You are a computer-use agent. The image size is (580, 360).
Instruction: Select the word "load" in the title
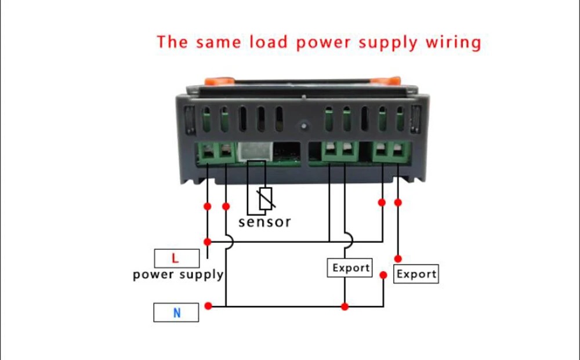tap(270, 42)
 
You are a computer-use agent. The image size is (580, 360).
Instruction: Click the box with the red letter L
tap(176, 258)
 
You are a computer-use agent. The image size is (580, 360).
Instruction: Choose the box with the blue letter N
tap(176, 313)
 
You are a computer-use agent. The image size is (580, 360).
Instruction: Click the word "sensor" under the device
tap(264, 221)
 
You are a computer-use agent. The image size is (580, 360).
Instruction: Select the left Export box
tap(350, 268)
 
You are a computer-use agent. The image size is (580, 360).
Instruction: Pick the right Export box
tap(416, 274)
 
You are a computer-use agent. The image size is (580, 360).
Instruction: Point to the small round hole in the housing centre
tap(303, 123)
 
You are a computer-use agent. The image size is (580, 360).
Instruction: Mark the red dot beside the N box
tap(208, 306)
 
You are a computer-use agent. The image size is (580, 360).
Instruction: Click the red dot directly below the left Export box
tap(345, 306)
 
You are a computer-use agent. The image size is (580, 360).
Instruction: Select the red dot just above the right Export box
tap(398, 258)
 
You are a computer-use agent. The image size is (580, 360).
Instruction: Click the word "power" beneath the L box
tap(153, 274)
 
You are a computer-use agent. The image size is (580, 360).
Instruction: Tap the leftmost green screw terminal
tap(208, 152)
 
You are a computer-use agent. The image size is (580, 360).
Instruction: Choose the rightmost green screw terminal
tap(398, 152)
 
